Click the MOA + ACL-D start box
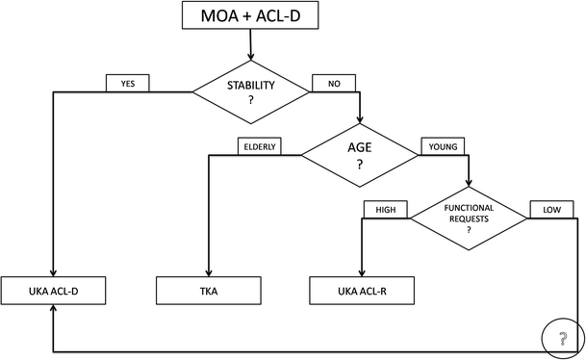[250, 15]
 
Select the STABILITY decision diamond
[250, 92]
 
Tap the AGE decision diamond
[360, 155]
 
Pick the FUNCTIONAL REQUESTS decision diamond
[469, 219]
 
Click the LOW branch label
[552, 209]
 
